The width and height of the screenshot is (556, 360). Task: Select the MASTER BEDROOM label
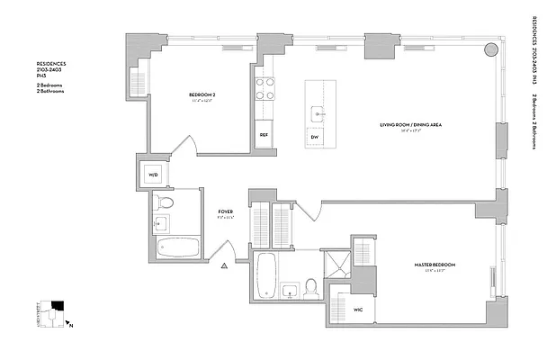(435, 265)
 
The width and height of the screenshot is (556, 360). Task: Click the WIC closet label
(357, 310)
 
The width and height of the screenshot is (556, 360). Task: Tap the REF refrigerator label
(264, 135)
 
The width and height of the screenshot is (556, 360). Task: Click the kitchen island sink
(317, 113)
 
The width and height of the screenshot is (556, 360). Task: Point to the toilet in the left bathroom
(163, 202)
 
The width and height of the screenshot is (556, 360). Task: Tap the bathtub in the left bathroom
(178, 247)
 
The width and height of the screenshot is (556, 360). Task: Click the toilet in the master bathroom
(310, 288)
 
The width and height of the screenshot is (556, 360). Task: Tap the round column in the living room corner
(490, 49)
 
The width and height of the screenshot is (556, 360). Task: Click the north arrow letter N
(72, 321)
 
